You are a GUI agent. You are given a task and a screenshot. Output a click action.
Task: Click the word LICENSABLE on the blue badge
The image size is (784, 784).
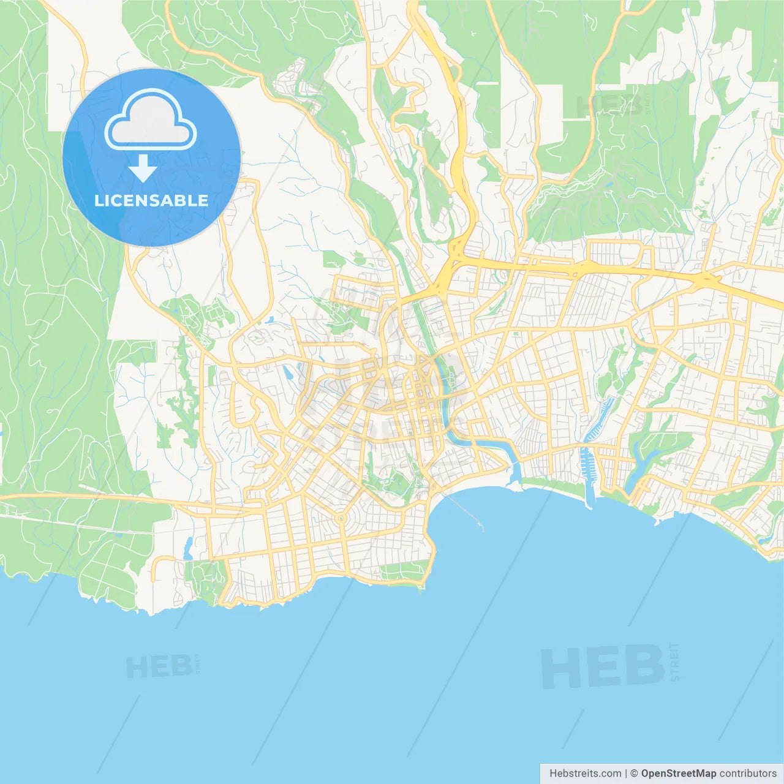pyautogui.click(x=151, y=200)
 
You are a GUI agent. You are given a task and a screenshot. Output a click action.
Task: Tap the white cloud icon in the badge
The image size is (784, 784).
pyautogui.click(x=151, y=121)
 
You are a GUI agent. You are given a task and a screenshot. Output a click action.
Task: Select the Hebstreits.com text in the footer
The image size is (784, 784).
pyautogui.click(x=585, y=774)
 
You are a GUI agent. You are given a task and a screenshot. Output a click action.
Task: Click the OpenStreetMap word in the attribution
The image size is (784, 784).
pyautogui.click(x=678, y=774)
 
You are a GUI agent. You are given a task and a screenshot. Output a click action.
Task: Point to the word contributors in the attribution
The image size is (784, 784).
pyautogui.click(x=747, y=774)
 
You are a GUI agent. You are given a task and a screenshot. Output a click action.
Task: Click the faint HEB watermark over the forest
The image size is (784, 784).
pyautogui.click(x=609, y=106)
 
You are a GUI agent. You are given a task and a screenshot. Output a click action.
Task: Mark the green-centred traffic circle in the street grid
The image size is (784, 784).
pyautogui.click(x=341, y=518)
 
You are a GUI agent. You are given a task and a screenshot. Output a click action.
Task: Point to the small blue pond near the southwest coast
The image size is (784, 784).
pyautogui.click(x=188, y=545)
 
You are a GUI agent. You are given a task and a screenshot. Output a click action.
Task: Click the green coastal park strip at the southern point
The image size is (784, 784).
pyautogui.click(x=401, y=571)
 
